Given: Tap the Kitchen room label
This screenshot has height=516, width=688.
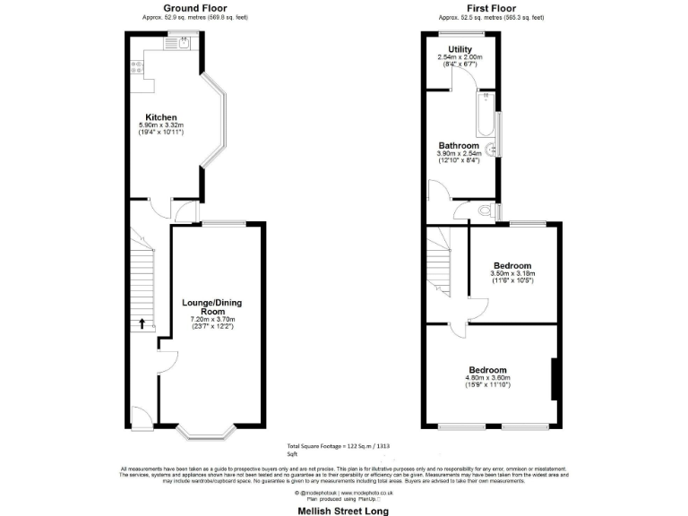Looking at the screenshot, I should pyautogui.click(x=161, y=117).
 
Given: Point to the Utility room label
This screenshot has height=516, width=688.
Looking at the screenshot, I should pyautogui.click(x=461, y=50).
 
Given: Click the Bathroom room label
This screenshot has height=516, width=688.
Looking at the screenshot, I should pyautogui.click(x=458, y=146).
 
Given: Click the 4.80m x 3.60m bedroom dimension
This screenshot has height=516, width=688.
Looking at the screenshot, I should pyautogui.click(x=488, y=378).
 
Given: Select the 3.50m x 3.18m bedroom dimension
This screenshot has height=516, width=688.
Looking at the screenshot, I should pyautogui.click(x=512, y=273).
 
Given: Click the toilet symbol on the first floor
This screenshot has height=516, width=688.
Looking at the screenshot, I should pyautogui.click(x=486, y=212).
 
